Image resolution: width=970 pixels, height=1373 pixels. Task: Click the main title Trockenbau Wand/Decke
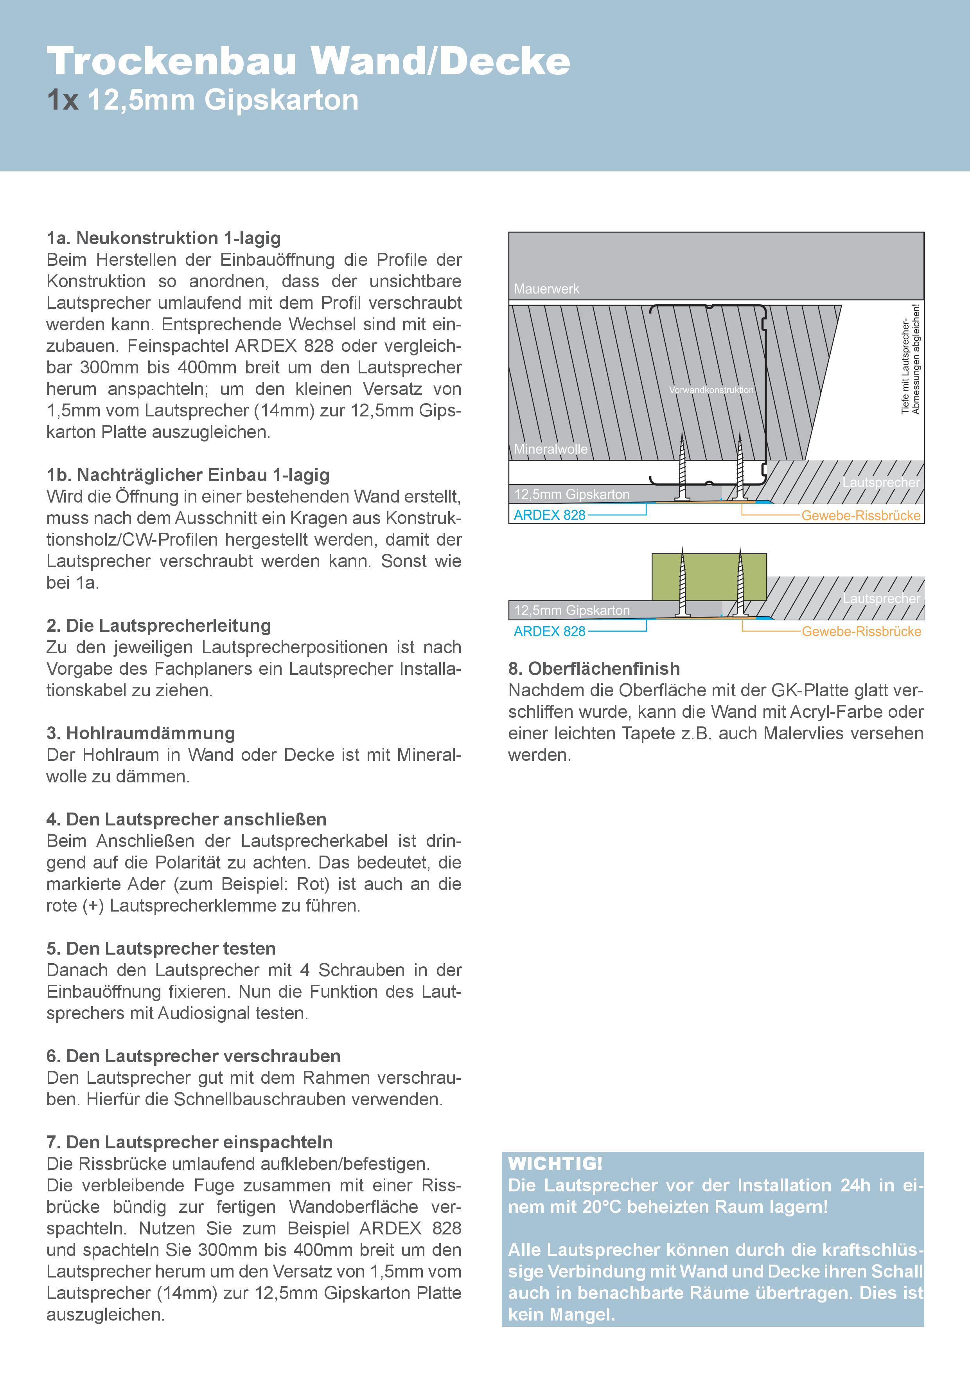click(308, 61)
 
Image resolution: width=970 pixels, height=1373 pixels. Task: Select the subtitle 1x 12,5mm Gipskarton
click(203, 100)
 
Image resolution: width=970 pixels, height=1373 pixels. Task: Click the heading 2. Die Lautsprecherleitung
click(159, 625)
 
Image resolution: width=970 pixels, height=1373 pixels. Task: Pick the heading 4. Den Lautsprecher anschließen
click(187, 819)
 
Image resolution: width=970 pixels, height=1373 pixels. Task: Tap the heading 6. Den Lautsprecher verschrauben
click(194, 1056)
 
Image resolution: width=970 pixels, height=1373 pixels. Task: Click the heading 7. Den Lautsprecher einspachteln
click(189, 1142)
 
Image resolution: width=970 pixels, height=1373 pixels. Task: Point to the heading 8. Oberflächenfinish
click(594, 668)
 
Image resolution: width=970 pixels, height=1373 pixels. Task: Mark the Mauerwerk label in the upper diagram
click(546, 289)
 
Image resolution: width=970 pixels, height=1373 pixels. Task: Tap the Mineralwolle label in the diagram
click(550, 449)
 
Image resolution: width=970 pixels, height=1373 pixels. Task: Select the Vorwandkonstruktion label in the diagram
click(711, 390)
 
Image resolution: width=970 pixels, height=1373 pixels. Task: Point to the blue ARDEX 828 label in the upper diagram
click(549, 515)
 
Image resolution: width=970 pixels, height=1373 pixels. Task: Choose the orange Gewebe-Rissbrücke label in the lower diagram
click(861, 631)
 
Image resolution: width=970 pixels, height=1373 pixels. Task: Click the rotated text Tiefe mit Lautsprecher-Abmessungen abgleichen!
click(910, 359)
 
